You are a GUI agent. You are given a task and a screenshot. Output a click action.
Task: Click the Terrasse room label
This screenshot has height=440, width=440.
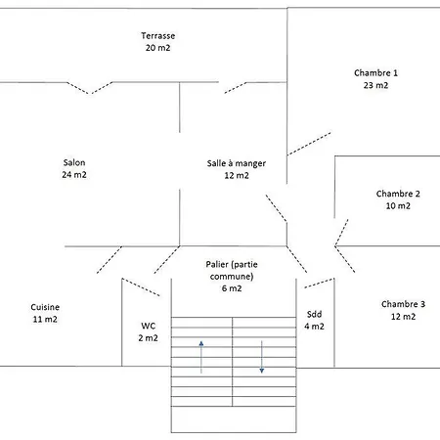158,36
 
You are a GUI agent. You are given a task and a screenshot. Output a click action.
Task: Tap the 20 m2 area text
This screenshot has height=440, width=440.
158,48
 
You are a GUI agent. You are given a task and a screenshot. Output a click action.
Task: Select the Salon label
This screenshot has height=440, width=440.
74,162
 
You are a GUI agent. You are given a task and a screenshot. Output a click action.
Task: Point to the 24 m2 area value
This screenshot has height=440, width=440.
74,175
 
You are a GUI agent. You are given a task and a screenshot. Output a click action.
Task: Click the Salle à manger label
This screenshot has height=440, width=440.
237,163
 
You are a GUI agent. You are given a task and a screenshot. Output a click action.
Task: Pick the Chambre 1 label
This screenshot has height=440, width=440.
375,73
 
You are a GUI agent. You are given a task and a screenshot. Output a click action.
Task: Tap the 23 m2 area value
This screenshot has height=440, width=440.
375,85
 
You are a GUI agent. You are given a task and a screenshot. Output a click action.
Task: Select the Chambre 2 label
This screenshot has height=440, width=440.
398,194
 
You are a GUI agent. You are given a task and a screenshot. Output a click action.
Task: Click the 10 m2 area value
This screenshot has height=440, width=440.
398,206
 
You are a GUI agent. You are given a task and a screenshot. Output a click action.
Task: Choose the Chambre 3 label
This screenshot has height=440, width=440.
403,304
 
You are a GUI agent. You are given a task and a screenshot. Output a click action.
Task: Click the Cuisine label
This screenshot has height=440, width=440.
45,307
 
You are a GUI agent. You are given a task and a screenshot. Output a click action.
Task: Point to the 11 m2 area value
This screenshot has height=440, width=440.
45,320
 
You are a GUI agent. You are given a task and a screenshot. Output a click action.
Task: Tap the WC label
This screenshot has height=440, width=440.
148,326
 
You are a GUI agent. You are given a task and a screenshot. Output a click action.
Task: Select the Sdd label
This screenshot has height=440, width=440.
314,315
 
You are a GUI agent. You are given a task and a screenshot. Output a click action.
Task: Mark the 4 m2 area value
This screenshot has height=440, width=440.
314,327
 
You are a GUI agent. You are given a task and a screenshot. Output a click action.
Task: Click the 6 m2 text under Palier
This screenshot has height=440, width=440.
232,288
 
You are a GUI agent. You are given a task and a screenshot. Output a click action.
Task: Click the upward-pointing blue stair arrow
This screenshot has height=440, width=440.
201,357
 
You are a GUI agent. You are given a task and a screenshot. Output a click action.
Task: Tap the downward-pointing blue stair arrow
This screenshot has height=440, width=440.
262,357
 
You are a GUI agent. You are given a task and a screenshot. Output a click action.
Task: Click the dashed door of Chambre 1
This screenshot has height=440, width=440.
309,144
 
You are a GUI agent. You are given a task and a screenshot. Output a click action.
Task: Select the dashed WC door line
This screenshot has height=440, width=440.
141,287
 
